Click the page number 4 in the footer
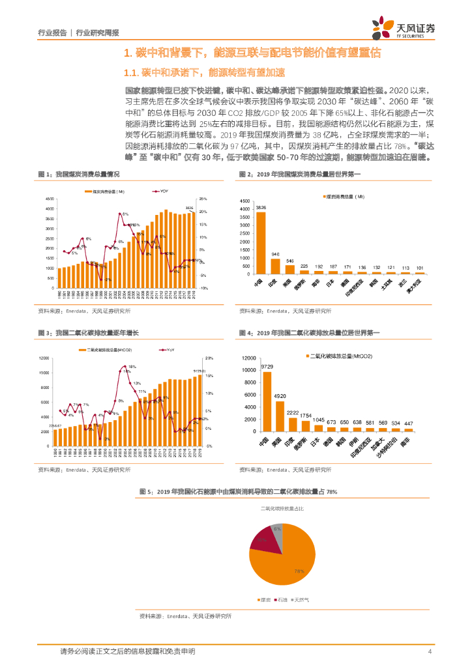pyautogui.click(x=430, y=651)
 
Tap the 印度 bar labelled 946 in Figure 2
pyautogui.click(x=275, y=266)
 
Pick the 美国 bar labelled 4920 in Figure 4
pyautogui.click(x=280, y=416)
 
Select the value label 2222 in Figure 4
pyautogui.click(x=293, y=413)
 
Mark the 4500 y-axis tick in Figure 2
pyautogui.click(x=244, y=199)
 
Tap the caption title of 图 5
pyautogui.click(x=238, y=492)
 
